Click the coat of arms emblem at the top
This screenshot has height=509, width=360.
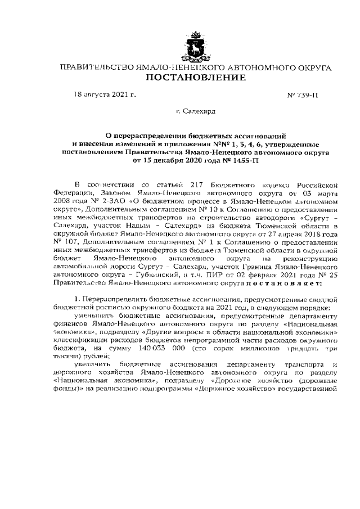click(x=195, y=46)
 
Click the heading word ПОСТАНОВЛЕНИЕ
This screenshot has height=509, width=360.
click(x=195, y=78)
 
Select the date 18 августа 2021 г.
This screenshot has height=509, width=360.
click(x=105, y=94)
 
